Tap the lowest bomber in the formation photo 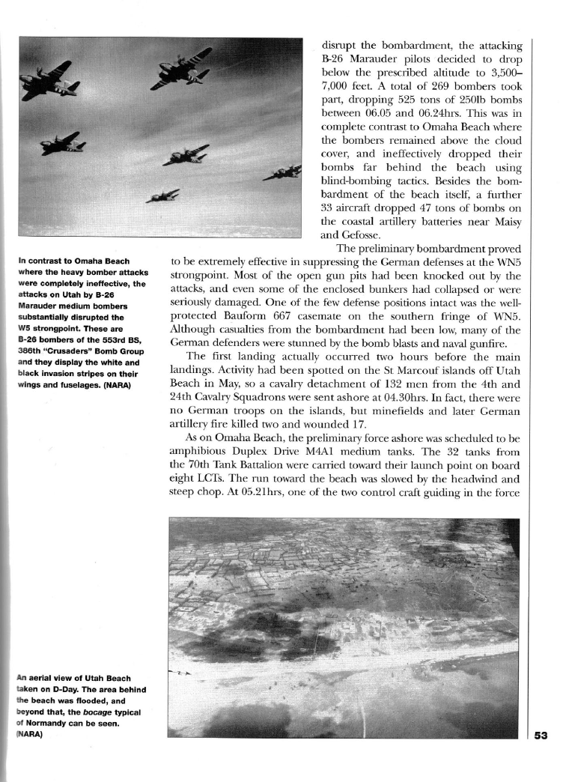pyautogui.click(x=163, y=196)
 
